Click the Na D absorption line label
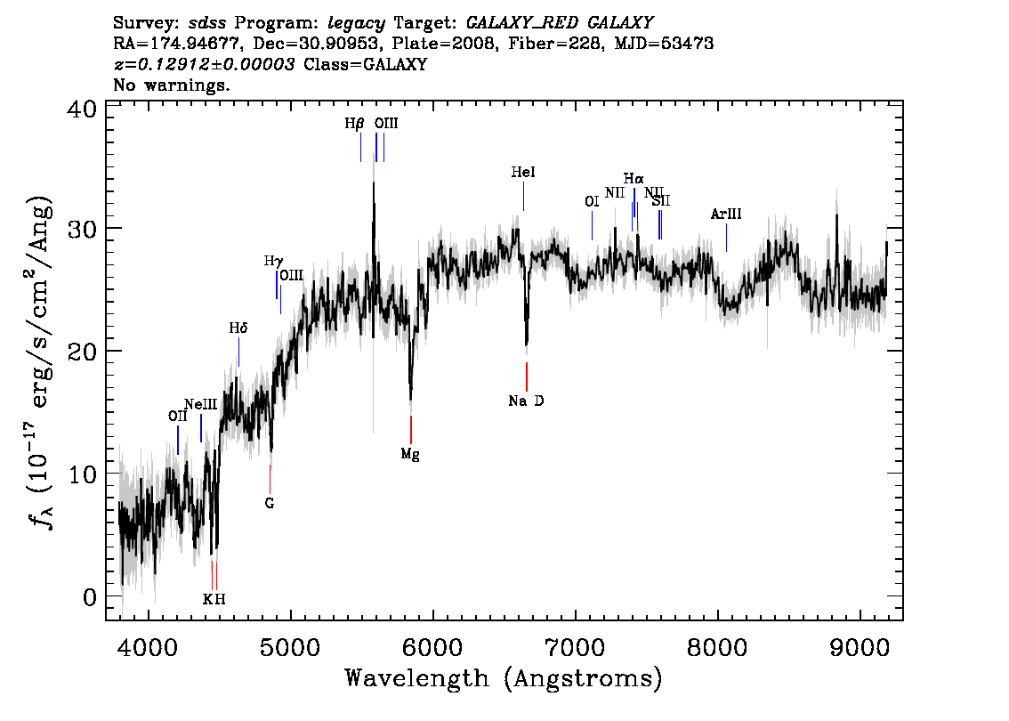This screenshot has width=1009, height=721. tap(526, 401)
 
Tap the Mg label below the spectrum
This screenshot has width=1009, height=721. tap(410, 455)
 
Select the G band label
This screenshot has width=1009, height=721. tap(270, 504)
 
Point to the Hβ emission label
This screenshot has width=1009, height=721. tap(354, 124)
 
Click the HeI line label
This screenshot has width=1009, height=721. tap(523, 173)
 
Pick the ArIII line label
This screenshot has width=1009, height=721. tap(726, 215)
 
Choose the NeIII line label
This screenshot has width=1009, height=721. tap(201, 405)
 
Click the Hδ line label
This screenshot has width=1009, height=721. tap(238, 328)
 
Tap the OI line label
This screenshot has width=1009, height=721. tap(592, 201)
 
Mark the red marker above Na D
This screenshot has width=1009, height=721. tap(527, 377)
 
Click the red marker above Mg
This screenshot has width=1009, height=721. tap(410, 430)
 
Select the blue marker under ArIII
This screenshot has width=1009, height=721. tap(727, 238)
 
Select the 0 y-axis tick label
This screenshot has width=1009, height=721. tap(90, 597)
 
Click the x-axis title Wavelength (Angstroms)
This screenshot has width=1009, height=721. tap(504, 678)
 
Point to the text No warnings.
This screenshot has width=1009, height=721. tap(171, 85)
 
